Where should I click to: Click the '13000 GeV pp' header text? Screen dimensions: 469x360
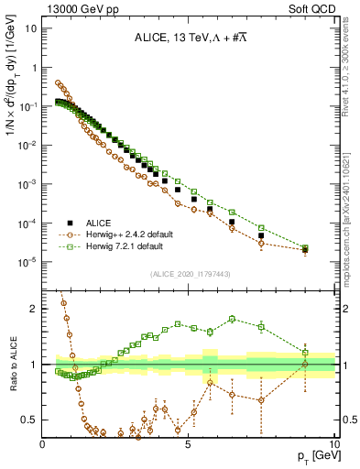(x=80, y=9)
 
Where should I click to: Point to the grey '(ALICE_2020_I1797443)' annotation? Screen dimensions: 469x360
(x=190, y=274)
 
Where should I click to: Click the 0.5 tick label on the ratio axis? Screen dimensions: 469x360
(x=28, y=420)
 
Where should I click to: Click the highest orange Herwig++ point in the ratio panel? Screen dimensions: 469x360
(x=63, y=302)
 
